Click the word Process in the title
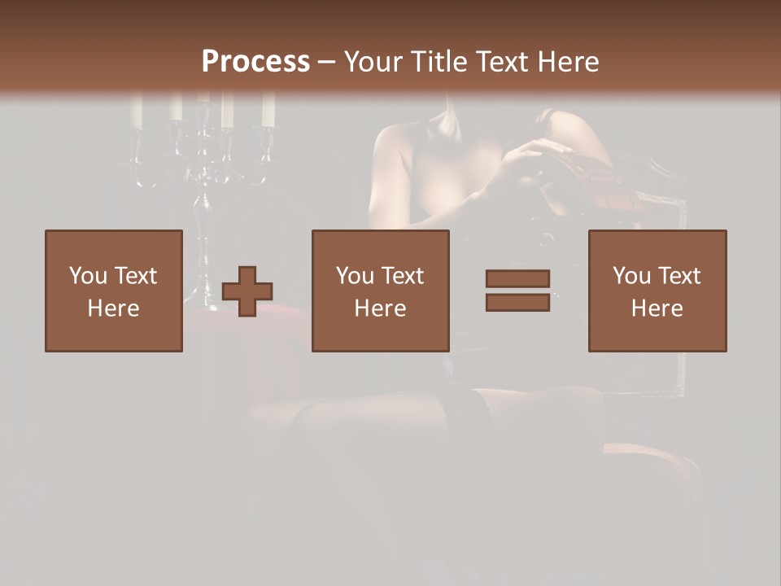click(255, 62)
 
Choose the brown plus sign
click(247, 291)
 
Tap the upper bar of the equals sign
click(517, 278)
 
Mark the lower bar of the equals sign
click(517, 303)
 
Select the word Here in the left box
click(113, 308)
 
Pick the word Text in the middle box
click(404, 276)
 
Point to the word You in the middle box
click(356, 276)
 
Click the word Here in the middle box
click(380, 308)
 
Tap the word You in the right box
click(632, 276)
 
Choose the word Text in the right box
click(680, 276)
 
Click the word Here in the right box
click(657, 308)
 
